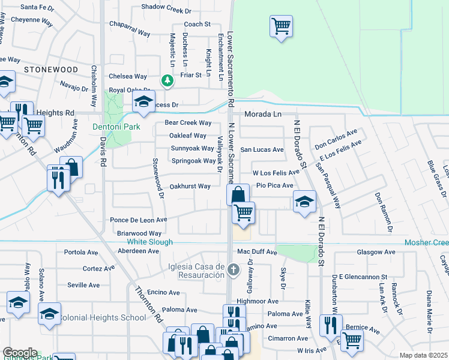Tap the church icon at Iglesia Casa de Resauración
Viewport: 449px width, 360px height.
tap(235, 270)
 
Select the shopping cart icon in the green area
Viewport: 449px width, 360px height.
tap(281, 26)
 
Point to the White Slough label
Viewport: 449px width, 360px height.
tap(149, 242)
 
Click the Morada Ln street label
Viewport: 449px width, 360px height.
tap(262, 114)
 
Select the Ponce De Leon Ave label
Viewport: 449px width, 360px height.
tap(138, 220)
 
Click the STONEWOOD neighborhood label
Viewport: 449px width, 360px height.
tap(51, 70)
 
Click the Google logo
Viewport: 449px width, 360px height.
tap(19, 353)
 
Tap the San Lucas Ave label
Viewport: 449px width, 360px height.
tap(262, 149)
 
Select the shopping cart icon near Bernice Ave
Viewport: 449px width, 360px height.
tap(352, 339)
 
